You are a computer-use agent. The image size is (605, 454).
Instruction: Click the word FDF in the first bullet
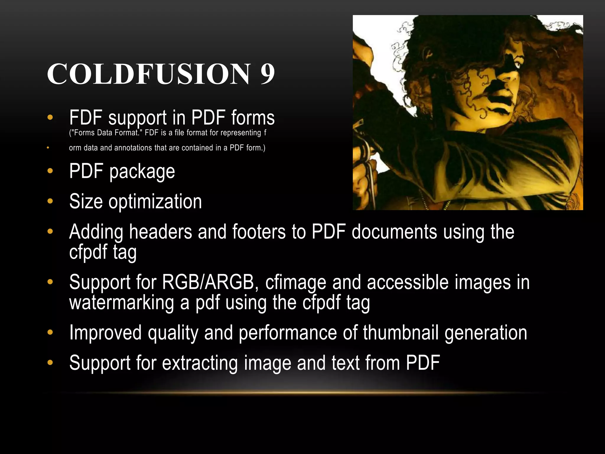coord(86,118)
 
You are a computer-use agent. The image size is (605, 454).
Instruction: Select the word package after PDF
coord(142,172)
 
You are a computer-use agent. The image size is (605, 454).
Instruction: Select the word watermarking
coord(121,303)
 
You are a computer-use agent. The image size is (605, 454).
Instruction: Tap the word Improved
coord(105,333)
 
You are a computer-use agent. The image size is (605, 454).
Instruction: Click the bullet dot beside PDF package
coord(50,171)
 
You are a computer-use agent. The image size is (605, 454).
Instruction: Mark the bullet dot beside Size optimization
coord(50,201)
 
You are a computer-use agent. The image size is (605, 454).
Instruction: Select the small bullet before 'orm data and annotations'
coord(48,147)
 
